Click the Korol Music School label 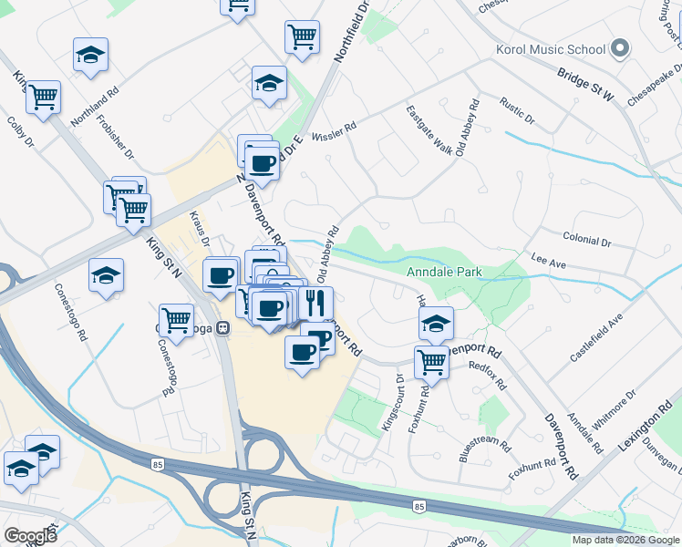pos(550,49)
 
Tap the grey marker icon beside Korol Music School pos(621,48)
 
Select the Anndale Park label pos(444,272)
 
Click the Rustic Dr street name pos(517,110)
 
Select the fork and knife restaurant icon pos(316,303)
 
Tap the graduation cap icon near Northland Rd pos(90,55)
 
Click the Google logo pos(30,535)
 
